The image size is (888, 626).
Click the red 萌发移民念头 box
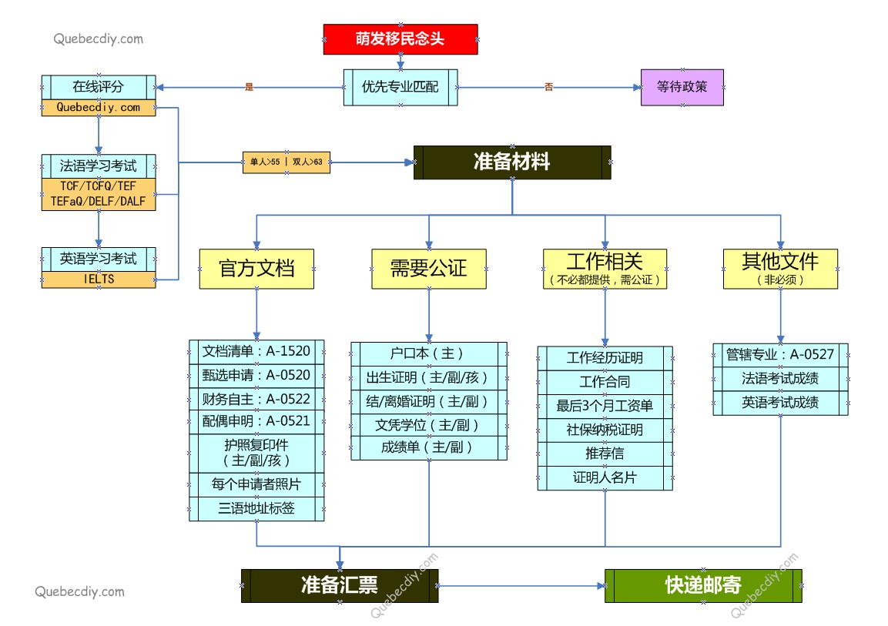(x=400, y=39)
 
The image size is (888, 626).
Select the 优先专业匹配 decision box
(x=400, y=88)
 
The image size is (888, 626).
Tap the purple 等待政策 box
(x=682, y=88)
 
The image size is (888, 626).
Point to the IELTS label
(x=98, y=280)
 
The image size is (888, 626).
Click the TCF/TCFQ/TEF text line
(x=98, y=186)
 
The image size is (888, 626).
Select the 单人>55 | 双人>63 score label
(x=286, y=162)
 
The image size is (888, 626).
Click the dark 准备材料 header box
(x=512, y=162)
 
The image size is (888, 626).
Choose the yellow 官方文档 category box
(x=256, y=269)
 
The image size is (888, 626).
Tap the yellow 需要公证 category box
(x=428, y=269)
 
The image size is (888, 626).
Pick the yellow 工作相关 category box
(x=605, y=269)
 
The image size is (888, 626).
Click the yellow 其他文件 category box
(x=780, y=269)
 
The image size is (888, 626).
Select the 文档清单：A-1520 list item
(x=256, y=352)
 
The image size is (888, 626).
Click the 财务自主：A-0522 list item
(x=256, y=398)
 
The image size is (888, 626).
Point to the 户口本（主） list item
(x=428, y=354)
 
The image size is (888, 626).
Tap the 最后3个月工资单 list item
(x=605, y=406)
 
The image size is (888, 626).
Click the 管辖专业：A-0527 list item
(x=780, y=355)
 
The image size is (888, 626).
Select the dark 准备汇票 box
(x=340, y=586)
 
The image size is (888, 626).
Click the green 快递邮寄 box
(x=702, y=586)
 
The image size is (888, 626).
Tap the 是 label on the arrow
(x=249, y=88)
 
